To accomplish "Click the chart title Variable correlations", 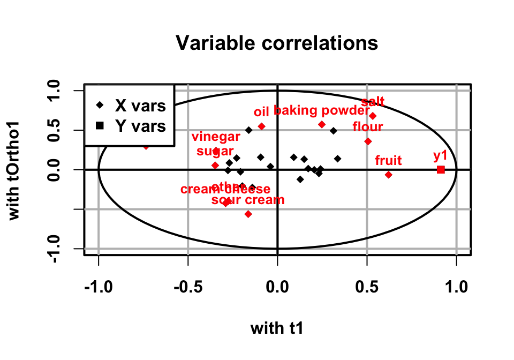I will pos(277,43).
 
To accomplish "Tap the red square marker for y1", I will pos(441,169).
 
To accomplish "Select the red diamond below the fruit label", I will pos(389,175).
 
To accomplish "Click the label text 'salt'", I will pos(373,102).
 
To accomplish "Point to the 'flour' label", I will pos(367,127).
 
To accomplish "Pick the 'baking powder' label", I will pos(321,111).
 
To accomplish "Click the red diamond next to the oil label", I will pos(262,126).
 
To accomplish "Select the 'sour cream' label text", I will pos(248,200).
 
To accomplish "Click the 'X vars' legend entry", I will pos(140,106).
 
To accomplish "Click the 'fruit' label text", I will pos(388,160).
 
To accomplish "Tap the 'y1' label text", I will pos(440,156).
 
